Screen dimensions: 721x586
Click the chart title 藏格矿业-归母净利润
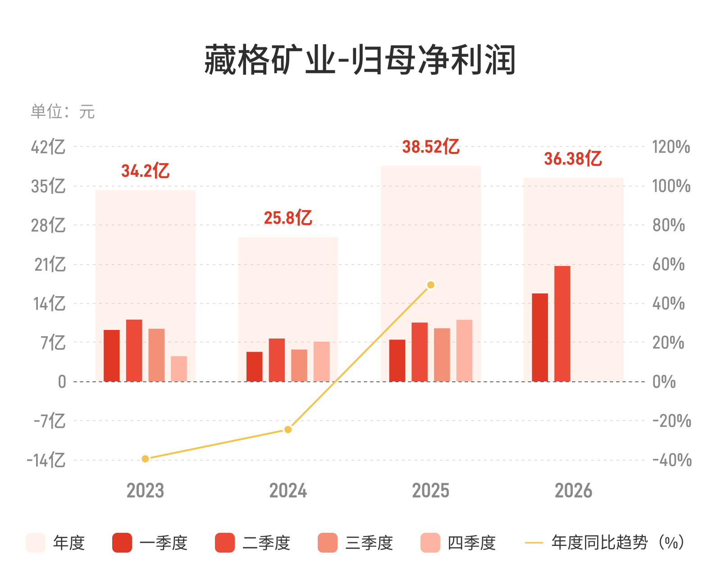(x=360, y=60)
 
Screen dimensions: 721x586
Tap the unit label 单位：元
(x=63, y=111)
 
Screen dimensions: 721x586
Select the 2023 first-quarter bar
(x=112, y=356)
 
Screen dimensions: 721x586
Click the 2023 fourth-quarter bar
(x=179, y=369)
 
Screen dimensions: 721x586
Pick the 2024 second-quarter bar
(x=277, y=360)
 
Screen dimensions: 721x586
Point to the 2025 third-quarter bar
(x=442, y=355)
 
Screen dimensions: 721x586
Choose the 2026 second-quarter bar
(x=562, y=324)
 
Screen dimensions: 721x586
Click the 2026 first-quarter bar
(x=540, y=338)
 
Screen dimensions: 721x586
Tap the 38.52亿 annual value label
(x=430, y=146)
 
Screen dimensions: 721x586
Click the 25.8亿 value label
(x=287, y=217)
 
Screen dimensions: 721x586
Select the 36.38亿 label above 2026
(x=573, y=158)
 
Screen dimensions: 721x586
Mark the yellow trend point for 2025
(x=430, y=285)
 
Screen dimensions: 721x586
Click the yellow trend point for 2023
(x=145, y=459)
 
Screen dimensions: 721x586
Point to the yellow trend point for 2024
(x=288, y=430)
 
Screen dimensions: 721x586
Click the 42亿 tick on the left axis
(x=48, y=147)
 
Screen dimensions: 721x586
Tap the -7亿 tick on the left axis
(x=50, y=421)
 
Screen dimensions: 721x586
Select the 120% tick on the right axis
(x=671, y=147)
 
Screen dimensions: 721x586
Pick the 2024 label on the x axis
(x=288, y=490)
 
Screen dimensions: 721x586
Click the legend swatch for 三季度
(x=327, y=543)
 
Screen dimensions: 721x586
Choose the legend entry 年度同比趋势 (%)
(x=605, y=543)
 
